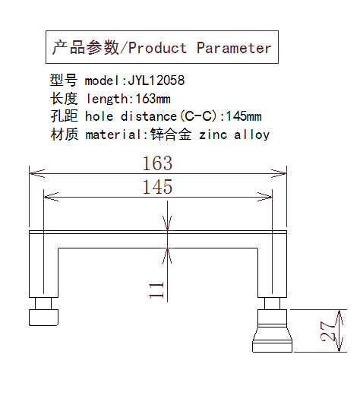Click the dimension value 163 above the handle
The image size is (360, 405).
(x=157, y=163)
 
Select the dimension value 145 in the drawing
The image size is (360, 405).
(x=157, y=187)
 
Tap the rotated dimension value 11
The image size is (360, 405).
(x=156, y=290)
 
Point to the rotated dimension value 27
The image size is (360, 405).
(x=328, y=331)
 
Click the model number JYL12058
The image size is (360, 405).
(x=156, y=81)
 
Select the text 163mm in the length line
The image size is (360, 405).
(x=153, y=99)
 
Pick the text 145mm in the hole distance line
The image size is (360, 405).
(x=244, y=116)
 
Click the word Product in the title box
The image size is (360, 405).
(x=157, y=48)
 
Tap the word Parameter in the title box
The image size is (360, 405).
(x=234, y=48)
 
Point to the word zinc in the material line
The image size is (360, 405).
(x=213, y=134)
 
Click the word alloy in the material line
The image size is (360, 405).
(x=252, y=134)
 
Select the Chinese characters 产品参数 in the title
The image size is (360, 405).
(x=86, y=48)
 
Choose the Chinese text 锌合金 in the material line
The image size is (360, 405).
(x=171, y=134)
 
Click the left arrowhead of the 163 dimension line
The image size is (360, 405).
(x=37, y=173)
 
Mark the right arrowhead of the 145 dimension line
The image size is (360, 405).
(x=265, y=197)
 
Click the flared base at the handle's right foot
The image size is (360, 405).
(x=272, y=339)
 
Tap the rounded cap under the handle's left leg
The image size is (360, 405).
(x=43, y=318)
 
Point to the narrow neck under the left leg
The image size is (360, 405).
(x=43, y=303)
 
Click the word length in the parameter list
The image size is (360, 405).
(x=107, y=100)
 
